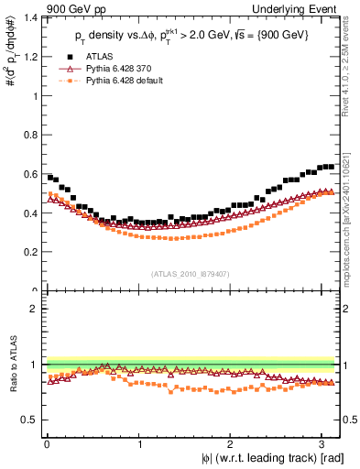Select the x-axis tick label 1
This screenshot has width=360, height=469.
(139, 443)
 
